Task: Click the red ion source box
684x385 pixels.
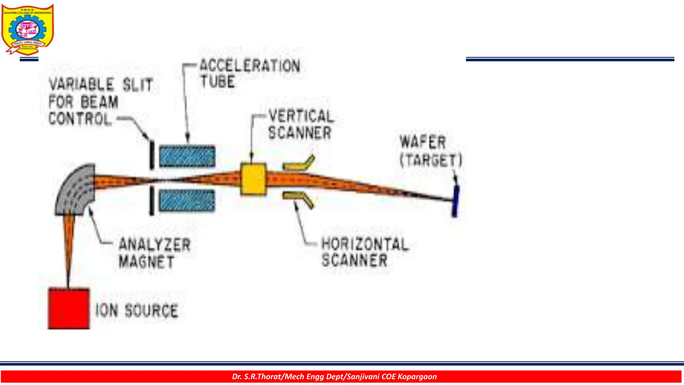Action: point(69,308)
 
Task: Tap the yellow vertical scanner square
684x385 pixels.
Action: point(253,179)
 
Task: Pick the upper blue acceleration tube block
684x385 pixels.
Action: point(187,156)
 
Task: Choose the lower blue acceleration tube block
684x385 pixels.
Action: point(187,200)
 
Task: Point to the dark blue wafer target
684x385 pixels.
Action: point(455,201)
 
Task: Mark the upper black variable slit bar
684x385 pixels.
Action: point(152,155)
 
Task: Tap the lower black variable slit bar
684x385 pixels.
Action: point(152,200)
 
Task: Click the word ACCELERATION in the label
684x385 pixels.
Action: point(250,66)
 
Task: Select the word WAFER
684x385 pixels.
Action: point(423,142)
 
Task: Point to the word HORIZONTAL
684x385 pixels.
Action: point(364,244)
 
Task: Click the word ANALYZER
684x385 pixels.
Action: point(155,245)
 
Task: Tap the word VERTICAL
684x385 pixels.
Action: point(301,116)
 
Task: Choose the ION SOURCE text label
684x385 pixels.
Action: point(137,310)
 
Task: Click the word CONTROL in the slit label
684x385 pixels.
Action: point(80,119)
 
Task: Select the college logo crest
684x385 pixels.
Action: point(27,29)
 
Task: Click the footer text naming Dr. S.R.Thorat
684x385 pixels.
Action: point(334,377)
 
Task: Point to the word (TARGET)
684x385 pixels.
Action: point(431,160)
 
